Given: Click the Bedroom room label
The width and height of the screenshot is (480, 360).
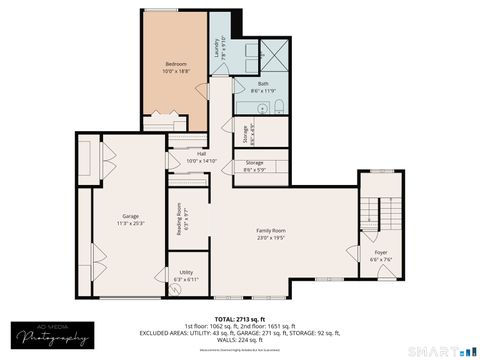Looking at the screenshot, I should (176, 63).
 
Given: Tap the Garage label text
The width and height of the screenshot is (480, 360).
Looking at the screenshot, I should (131, 216).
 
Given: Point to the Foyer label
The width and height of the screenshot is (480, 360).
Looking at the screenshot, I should (381, 252).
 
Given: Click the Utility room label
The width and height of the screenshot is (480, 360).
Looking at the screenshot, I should (186, 271).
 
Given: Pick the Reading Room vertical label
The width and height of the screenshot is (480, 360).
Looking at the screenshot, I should (179, 218).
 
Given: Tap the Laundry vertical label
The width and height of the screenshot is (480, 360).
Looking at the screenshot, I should (214, 49).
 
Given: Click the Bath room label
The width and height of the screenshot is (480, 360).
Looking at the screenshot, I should (263, 83).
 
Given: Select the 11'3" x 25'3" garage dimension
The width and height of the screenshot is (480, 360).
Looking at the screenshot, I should (131, 223).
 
